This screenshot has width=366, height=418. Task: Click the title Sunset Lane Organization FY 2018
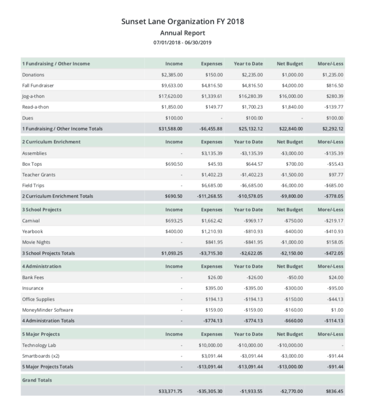coord(183,22)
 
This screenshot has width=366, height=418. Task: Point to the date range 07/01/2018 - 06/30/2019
coord(182,42)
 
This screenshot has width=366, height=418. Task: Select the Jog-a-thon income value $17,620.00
coord(171,96)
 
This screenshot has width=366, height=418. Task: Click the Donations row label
coord(33,75)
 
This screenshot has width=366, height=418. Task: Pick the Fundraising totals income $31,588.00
coord(171,129)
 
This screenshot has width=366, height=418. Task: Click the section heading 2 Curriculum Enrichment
coord(51,142)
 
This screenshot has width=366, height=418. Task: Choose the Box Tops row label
coord(32,164)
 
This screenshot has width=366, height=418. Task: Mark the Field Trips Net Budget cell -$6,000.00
coord(291,185)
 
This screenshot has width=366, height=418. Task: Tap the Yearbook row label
coord(32,231)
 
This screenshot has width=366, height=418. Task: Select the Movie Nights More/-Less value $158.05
coord(335,242)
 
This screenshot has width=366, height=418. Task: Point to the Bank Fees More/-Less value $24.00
coord(336,278)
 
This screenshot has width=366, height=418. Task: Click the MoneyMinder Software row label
coord(48,310)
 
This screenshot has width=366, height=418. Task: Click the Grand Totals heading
coord(37,380)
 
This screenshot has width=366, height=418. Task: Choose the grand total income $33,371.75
coord(171,391)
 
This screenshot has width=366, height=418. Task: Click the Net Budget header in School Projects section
coord(290,209)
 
